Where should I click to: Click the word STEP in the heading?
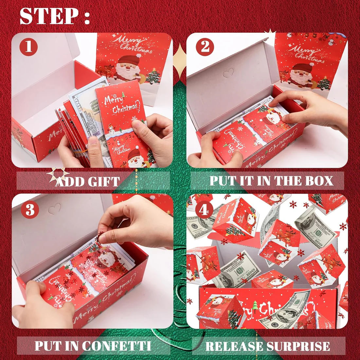(47, 16)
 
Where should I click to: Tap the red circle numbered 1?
(28, 47)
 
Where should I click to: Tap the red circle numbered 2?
(205, 47)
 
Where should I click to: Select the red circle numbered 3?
(30, 210)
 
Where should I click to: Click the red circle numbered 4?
(204, 210)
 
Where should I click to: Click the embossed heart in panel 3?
(54, 208)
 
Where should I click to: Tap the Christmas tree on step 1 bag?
(153, 77)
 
